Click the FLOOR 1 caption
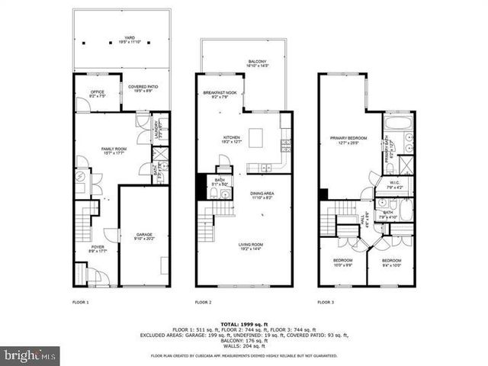pos(81,303)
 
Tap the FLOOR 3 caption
pos(326,303)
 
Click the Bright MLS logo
pos(30,355)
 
